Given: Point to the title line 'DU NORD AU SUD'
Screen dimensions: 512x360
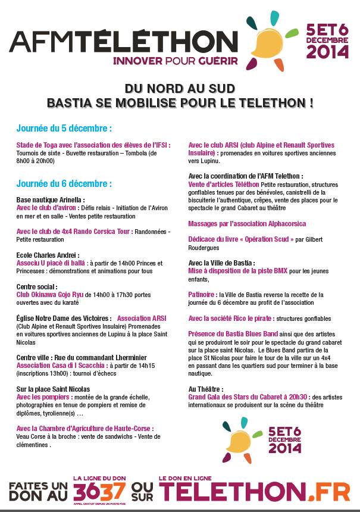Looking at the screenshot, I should click(x=180, y=88).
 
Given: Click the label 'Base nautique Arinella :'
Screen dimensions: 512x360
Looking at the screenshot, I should click(x=51, y=200).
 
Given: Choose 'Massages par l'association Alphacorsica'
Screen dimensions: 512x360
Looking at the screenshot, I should click(x=247, y=224).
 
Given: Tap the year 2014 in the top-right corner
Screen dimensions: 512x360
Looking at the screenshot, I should click(x=327, y=52).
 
